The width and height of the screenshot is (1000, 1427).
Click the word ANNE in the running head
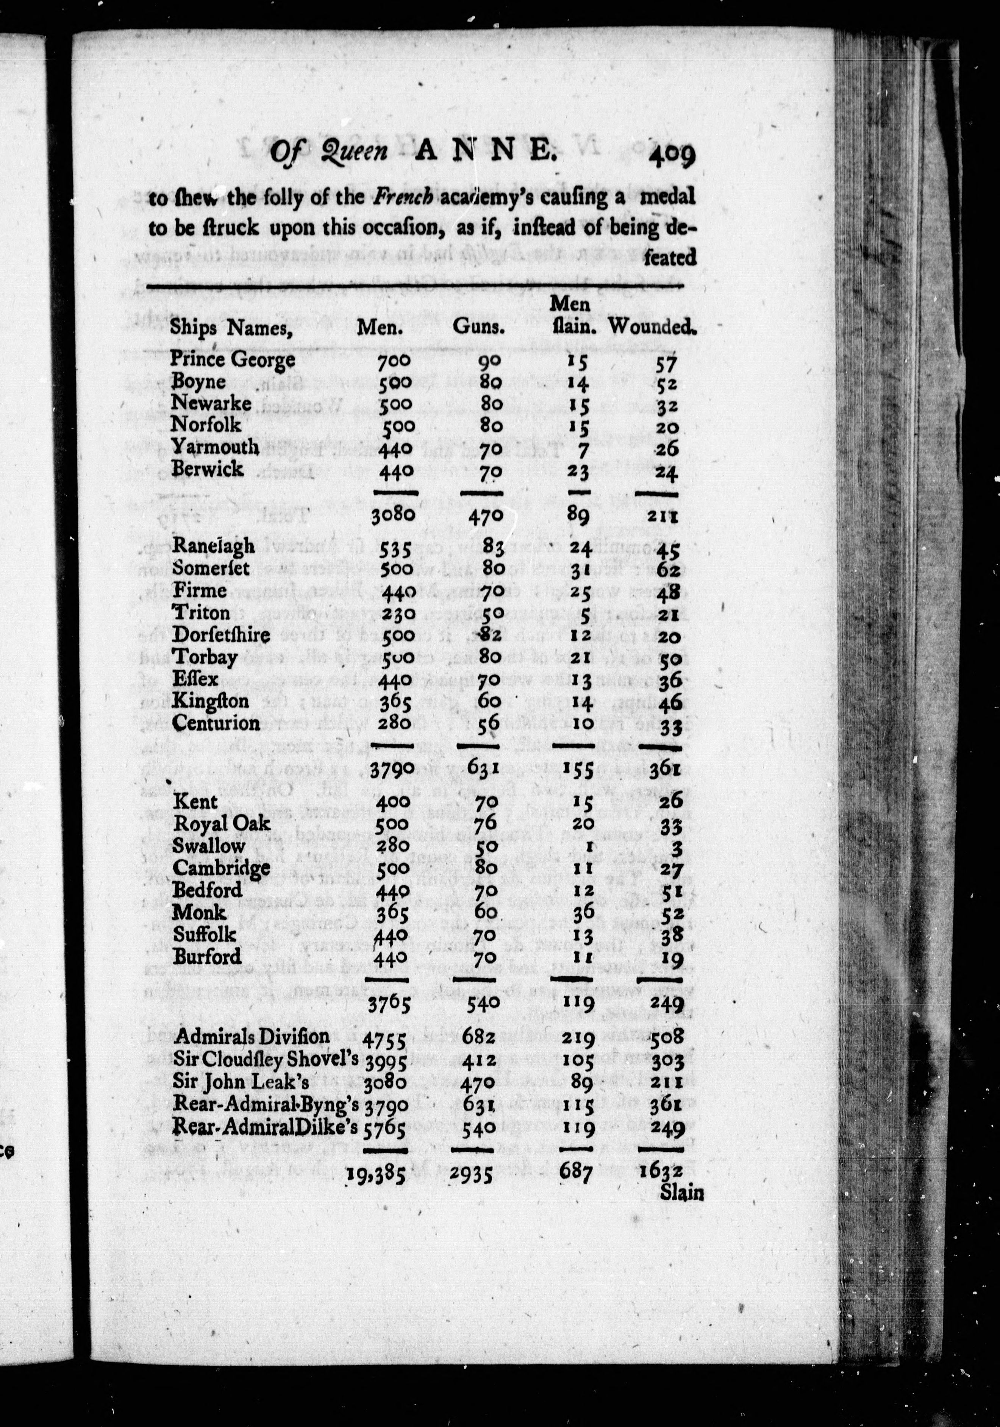coord(484,151)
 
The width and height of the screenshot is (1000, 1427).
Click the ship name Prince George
coord(233,361)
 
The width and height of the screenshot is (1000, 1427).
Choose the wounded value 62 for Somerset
coord(667,569)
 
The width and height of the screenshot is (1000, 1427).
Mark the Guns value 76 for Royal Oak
coord(483,824)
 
